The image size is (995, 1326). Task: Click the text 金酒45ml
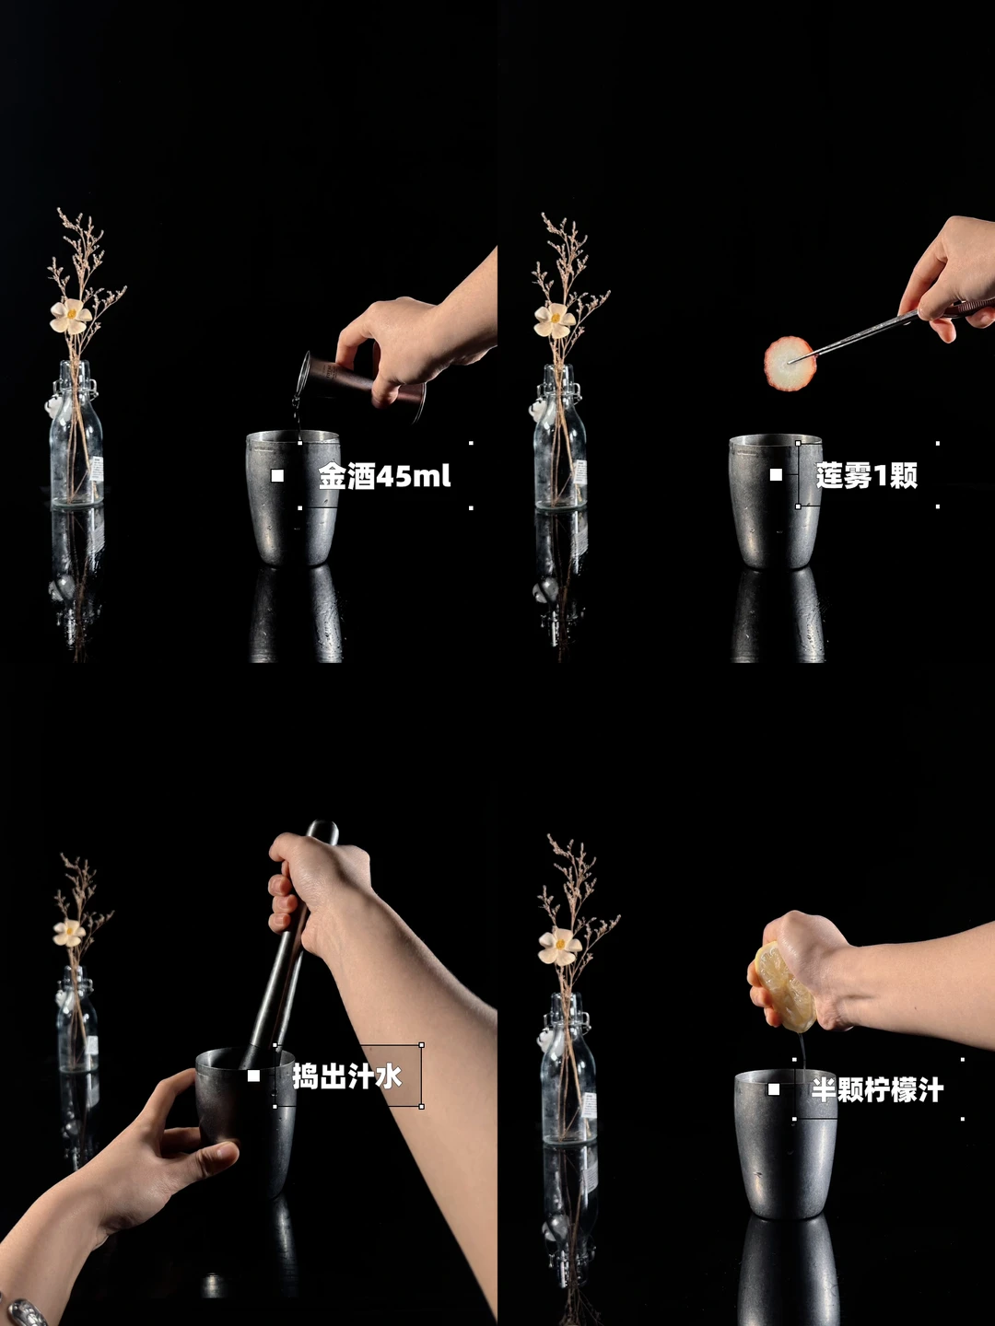click(384, 476)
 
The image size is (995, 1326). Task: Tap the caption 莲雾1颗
click(866, 475)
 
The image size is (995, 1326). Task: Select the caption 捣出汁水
click(346, 1076)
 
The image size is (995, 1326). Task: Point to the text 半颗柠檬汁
click(877, 1090)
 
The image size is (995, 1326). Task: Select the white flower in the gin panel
click(70, 316)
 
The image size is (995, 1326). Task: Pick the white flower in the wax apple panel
click(554, 320)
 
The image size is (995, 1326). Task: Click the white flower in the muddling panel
click(68, 933)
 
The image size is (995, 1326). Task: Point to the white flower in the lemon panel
click(559, 946)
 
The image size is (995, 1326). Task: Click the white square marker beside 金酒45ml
click(277, 476)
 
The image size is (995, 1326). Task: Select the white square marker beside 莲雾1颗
click(776, 475)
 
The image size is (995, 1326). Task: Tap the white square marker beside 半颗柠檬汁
click(773, 1089)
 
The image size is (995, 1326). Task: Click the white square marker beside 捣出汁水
click(253, 1076)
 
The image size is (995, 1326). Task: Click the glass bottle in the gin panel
click(76, 434)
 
